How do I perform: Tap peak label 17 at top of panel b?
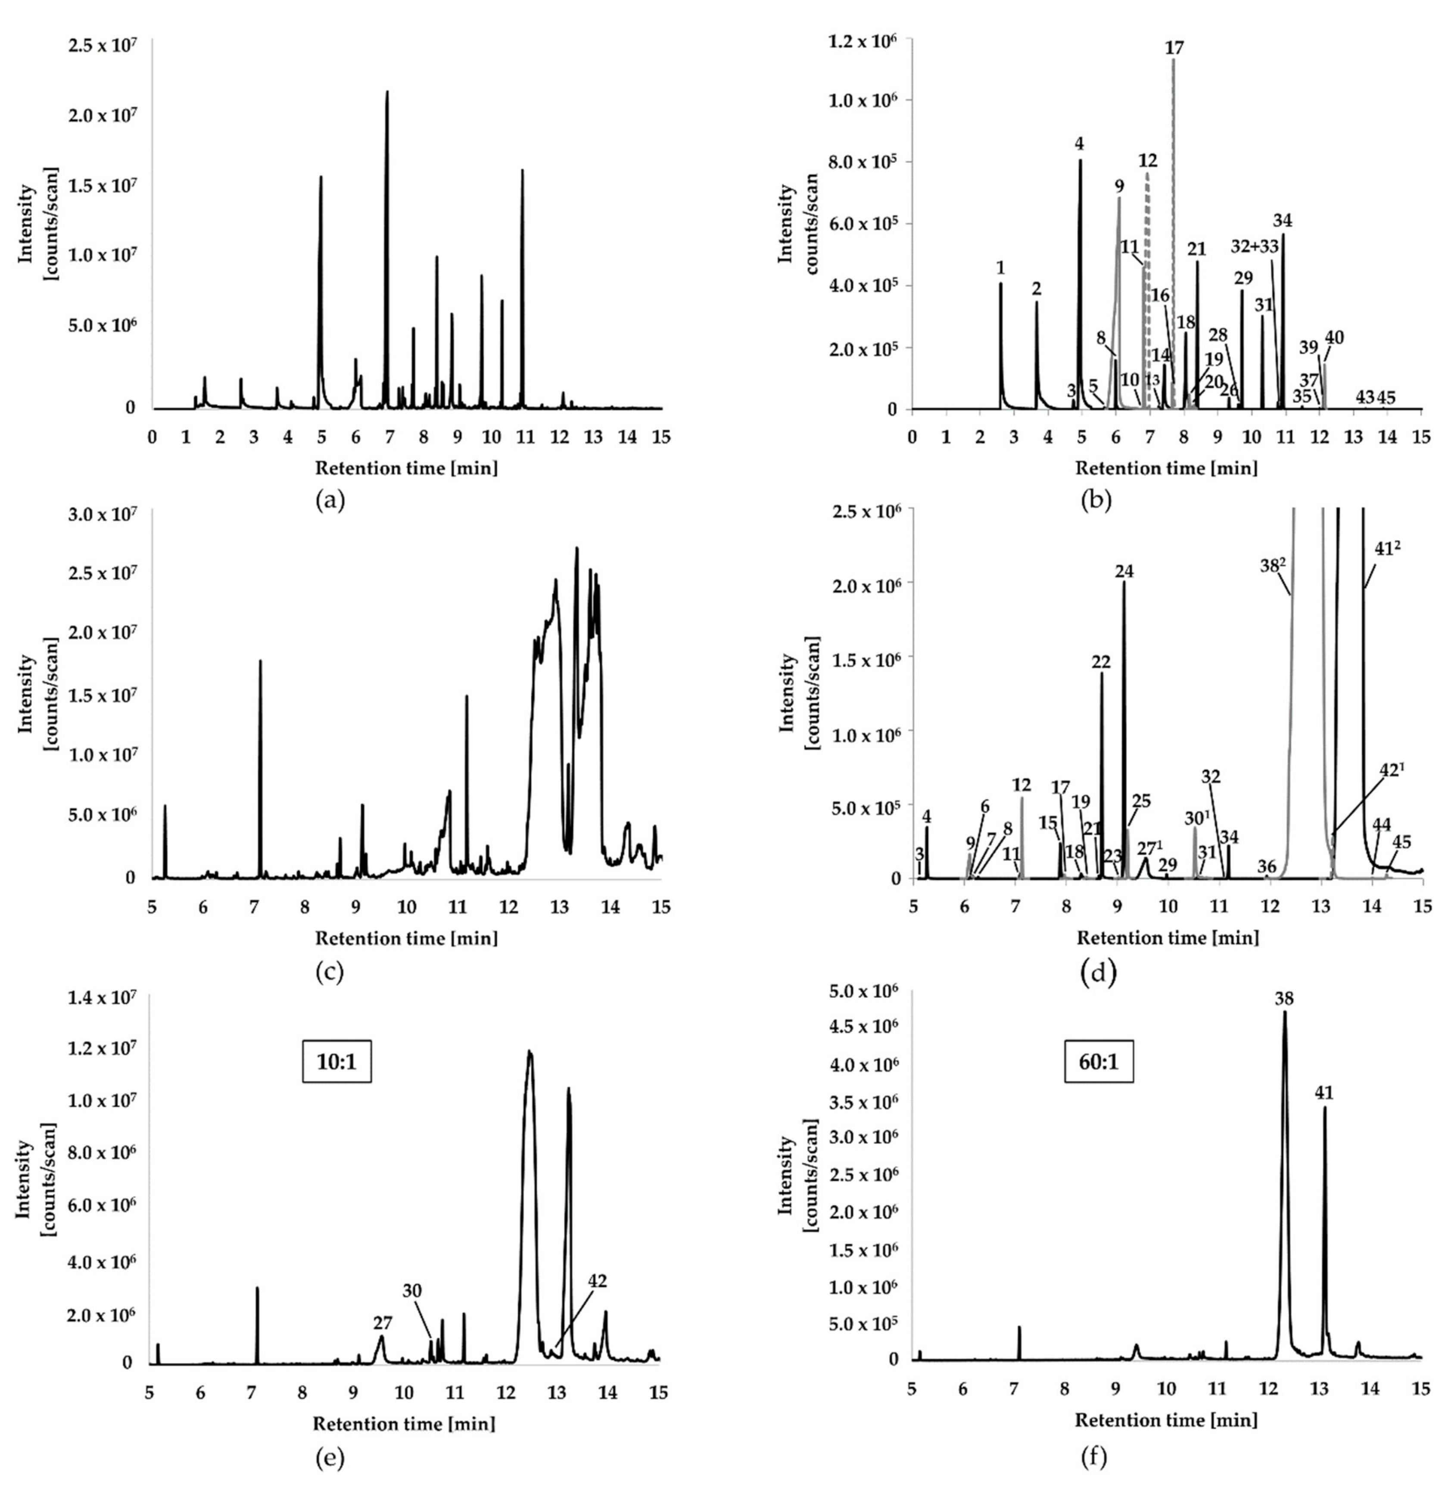tap(1174, 48)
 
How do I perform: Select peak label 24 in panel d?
tap(1124, 571)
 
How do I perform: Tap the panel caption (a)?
tap(329, 500)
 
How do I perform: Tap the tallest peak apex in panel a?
tap(387, 92)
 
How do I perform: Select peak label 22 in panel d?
tap(1100, 662)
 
